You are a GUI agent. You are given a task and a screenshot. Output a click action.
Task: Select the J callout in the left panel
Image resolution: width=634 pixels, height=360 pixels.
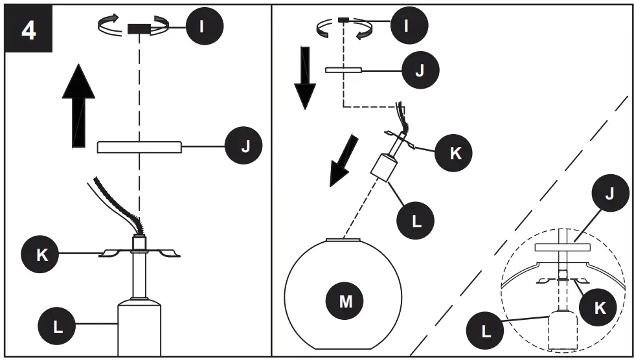[x=244, y=147]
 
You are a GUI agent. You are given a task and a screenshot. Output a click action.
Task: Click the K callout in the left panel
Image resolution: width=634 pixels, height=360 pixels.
[x=41, y=254]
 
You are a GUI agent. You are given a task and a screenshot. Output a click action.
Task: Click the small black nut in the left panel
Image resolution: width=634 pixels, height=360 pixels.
[x=139, y=28]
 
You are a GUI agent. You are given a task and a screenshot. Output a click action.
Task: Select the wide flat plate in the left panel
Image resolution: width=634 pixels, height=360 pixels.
[x=139, y=147]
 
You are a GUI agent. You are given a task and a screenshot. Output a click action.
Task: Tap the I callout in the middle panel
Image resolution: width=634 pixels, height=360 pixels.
[x=406, y=27]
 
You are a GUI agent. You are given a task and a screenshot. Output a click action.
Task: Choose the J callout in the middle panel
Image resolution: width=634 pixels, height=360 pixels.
[x=420, y=69]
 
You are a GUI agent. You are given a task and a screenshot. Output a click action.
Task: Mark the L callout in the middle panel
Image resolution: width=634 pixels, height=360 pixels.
[x=416, y=219]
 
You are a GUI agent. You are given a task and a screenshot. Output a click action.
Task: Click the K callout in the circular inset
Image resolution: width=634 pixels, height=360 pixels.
[x=600, y=307]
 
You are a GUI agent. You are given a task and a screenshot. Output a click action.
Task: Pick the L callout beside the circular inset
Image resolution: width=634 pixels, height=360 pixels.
[x=486, y=332]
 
